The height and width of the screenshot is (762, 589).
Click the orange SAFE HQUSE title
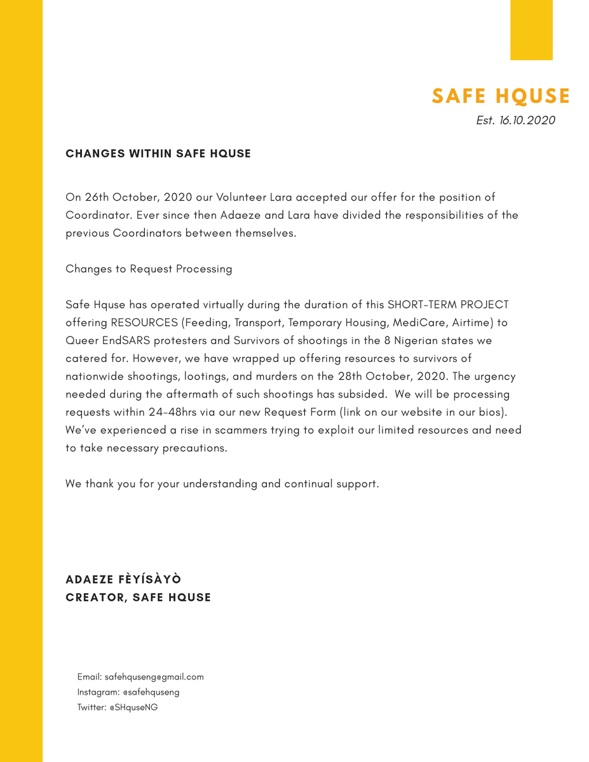point(501,97)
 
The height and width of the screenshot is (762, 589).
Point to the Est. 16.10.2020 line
point(515,121)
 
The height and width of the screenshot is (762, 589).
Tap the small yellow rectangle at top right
point(531,30)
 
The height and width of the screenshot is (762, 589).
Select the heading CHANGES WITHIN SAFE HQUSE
point(158,154)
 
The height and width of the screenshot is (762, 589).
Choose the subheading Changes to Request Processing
point(149,269)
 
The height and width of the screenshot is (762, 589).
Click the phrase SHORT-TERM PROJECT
point(448,304)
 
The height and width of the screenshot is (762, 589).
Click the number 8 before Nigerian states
point(387,340)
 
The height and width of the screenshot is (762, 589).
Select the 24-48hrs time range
point(172,411)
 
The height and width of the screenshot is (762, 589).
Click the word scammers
point(241,430)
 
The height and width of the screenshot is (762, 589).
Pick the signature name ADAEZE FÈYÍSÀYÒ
point(123,580)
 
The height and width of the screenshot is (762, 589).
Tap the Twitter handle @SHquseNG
point(133,707)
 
